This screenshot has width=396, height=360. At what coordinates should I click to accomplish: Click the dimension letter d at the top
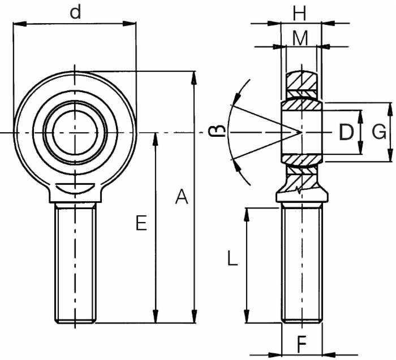point(75,12)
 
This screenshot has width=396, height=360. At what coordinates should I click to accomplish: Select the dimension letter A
point(181,197)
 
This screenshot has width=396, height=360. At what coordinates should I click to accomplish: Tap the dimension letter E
point(141,223)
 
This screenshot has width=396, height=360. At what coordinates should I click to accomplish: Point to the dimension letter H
point(300,12)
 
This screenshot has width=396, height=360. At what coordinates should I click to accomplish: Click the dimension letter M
point(300,38)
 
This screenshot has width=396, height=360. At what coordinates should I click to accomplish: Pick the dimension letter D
point(346,133)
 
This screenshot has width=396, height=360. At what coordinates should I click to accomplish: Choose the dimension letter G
point(379,132)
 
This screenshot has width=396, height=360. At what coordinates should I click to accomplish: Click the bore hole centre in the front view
point(75,133)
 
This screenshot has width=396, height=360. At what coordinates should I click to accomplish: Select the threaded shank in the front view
point(75,263)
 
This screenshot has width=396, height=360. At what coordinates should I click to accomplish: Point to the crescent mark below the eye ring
point(75,188)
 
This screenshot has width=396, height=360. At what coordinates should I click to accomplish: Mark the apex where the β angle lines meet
point(299,133)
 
